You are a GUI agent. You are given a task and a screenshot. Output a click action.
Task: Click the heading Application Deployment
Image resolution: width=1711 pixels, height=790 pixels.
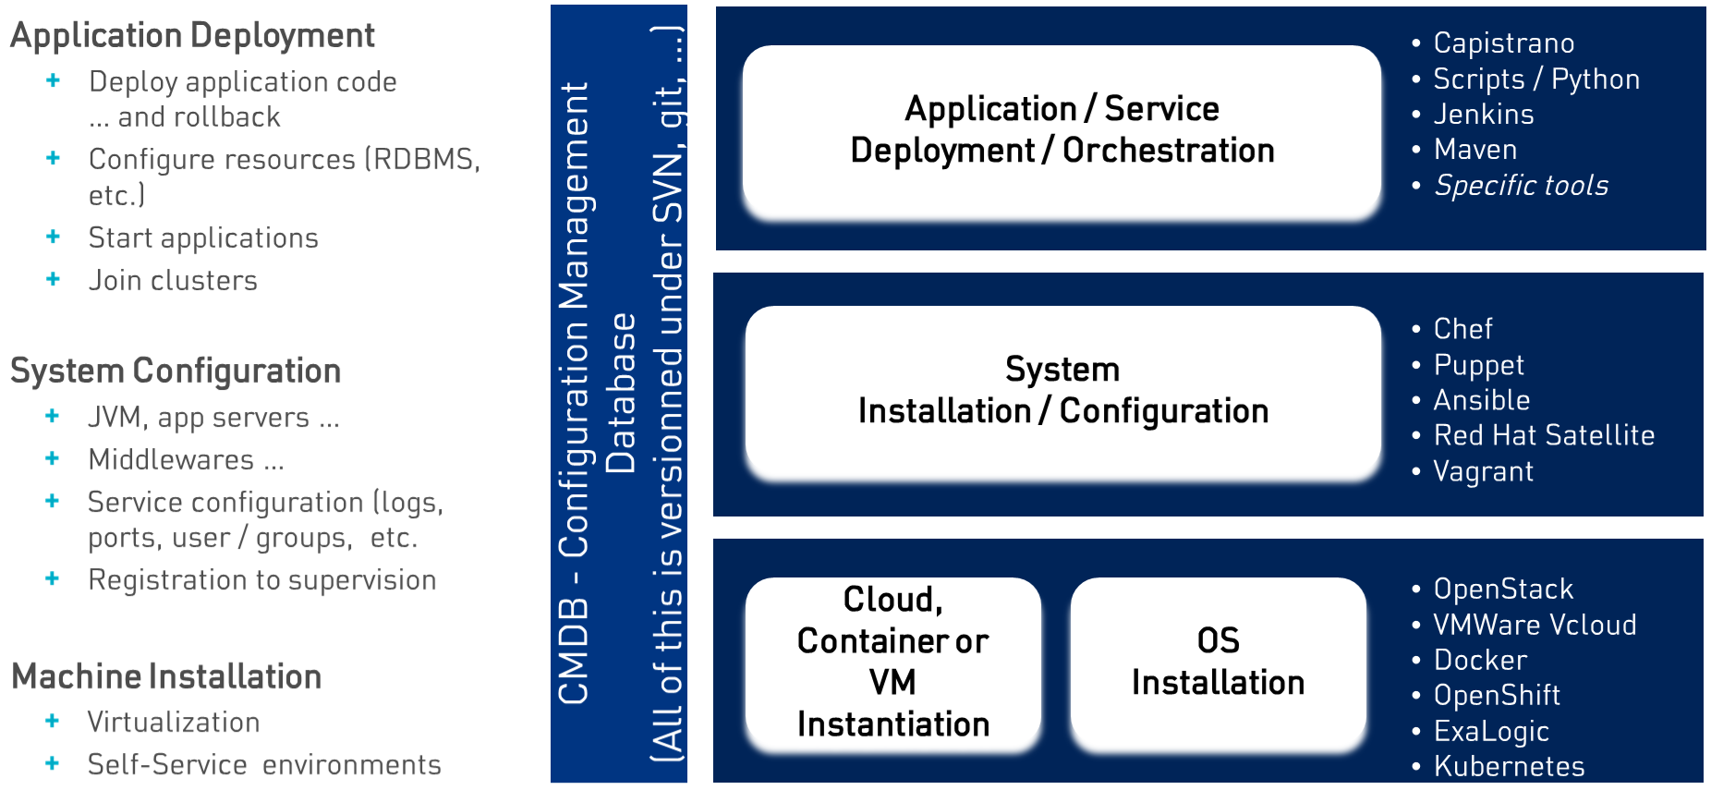[x=192, y=36]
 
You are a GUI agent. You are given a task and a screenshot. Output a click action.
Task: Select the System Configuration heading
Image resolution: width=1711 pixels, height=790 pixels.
[x=176, y=371]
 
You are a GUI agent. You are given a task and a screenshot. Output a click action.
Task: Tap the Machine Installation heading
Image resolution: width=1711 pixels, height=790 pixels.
[x=166, y=677]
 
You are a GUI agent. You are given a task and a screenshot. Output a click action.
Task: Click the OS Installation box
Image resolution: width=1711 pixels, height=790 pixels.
[x=1218, y=662]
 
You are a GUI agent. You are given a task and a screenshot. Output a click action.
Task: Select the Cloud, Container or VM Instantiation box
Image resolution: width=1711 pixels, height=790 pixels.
[x=892, y=662]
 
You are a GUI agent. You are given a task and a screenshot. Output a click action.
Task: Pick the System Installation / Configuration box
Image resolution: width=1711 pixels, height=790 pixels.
[x=1062, y=391]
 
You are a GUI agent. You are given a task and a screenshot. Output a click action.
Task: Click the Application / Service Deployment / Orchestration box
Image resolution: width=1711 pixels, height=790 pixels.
[x=1062, y=130]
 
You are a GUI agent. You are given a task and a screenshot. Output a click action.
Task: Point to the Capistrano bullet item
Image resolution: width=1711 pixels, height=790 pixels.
[x=1503, y=43]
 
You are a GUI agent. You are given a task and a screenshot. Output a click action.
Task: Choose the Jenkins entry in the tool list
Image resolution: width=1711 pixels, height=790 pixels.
[x=1483, y=115]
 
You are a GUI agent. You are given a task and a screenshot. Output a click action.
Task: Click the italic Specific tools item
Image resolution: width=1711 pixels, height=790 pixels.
[x=1521, y=186]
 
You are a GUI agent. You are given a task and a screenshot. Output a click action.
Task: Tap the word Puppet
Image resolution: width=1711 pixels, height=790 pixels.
[x=1478, y=365]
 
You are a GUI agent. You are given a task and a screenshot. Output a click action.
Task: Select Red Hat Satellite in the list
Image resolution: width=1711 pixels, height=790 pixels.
[x=1543, y=435]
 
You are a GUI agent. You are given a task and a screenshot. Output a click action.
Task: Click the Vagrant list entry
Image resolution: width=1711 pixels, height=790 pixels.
[x=1483, y=471]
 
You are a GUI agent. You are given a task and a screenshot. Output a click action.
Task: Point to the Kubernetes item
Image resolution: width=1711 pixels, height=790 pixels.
[x=1509, y=766]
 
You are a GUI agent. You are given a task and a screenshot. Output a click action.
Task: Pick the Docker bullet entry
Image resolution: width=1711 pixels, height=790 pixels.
[x=1480, y=660]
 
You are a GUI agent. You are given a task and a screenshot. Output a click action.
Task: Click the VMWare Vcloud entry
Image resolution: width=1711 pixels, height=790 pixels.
[x=1535, y=625]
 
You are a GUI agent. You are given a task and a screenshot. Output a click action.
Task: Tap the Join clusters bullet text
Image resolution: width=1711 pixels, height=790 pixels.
[x=173, y=281]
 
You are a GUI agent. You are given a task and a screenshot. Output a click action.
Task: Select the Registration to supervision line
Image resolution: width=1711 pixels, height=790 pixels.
[x=261, y=580]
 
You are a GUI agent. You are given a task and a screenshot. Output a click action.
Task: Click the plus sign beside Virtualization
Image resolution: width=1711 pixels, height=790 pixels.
[x=53, y=721]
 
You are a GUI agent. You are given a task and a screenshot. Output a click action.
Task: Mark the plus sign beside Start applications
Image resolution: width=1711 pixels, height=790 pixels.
[x=54, y=237]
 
